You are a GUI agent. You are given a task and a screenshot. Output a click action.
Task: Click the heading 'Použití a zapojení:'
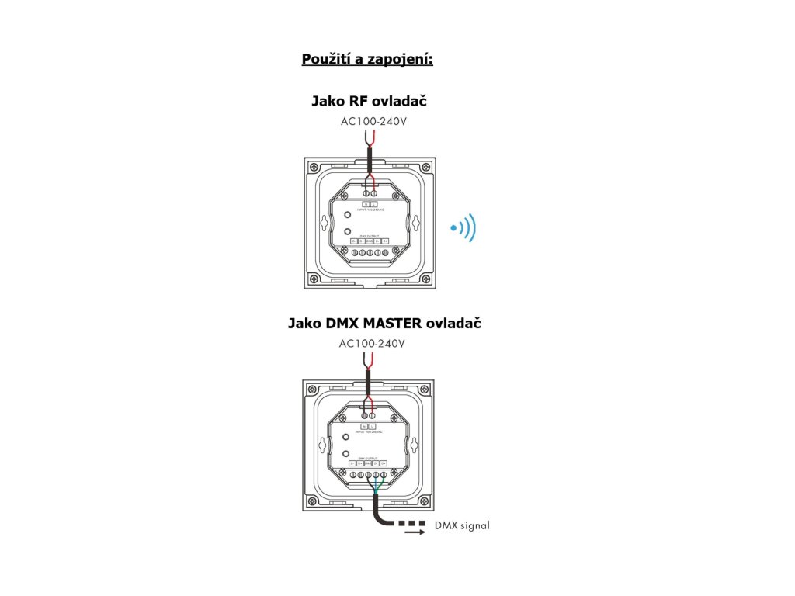(367, 59)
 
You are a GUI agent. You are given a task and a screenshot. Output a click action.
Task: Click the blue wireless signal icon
(463, 228)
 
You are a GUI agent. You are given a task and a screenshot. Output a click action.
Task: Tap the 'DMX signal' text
(462, 525)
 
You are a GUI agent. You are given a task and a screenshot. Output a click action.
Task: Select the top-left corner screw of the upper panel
(313, 167)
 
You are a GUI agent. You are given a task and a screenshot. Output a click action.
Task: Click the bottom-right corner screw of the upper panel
(424, 278)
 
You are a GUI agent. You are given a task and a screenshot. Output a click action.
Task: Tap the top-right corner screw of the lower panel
(424, 390)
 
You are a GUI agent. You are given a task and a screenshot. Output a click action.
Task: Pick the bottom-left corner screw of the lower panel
(313, 501)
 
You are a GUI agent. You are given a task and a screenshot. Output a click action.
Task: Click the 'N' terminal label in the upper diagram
(366, 203)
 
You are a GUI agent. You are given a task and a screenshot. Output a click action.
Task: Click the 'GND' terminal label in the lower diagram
(369, 463)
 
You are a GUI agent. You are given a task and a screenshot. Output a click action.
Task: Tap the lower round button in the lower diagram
(345, 453)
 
